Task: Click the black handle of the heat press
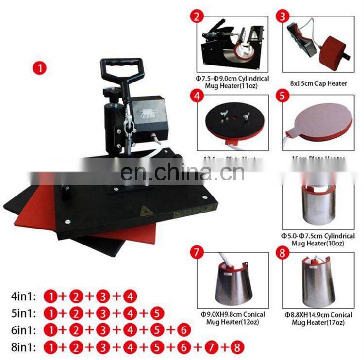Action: click(x=121, y=67)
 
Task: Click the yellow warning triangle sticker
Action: click(x=145, y=211)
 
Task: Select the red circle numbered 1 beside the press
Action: click(x=39, y=68)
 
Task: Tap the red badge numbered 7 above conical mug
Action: click(x=196, y=253)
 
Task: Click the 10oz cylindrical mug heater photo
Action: click(x=318, y=198)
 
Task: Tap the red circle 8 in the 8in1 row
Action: click(x=236, y=347)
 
